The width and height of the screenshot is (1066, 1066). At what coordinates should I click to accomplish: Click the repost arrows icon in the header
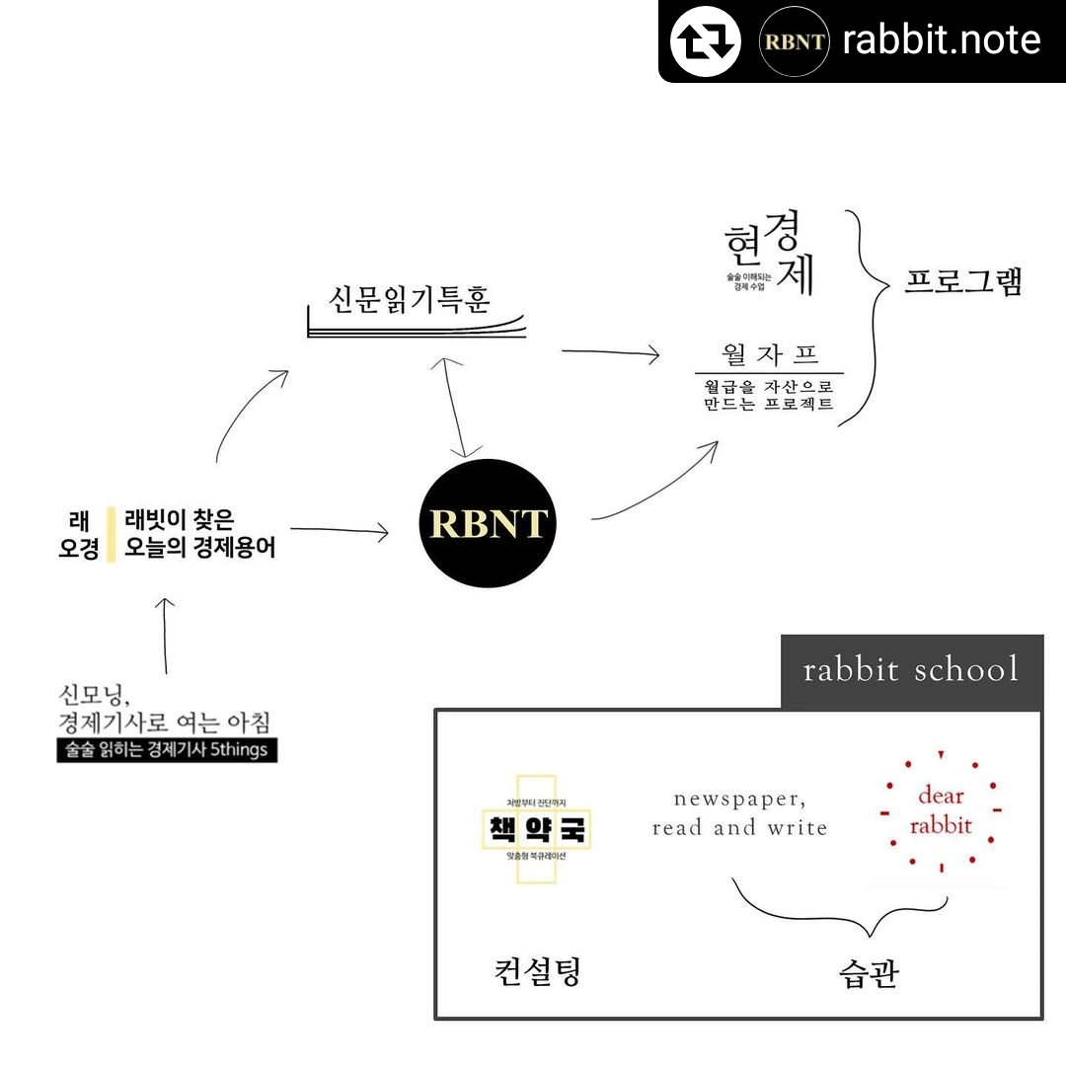(705, 40)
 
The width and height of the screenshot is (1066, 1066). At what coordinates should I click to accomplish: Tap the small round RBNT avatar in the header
(793, 40)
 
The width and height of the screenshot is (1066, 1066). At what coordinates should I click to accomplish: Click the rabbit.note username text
(941, 40)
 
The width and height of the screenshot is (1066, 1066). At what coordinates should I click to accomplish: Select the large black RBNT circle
(489, 523)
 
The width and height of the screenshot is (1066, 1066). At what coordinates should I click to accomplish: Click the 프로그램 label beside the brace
(963, 281)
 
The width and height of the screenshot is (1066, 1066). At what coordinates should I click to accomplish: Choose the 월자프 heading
(770, 353)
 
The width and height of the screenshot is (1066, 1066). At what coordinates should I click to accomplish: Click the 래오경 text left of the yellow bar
(79, 533)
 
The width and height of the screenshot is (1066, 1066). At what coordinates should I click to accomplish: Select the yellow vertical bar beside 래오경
(112, 533)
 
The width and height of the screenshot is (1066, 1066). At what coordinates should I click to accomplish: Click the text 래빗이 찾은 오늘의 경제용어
(199, 533)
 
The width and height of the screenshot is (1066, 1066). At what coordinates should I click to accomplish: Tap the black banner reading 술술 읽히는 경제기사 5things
(168, 750)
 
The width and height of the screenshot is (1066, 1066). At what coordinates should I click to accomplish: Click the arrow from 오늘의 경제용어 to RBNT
(339, 531)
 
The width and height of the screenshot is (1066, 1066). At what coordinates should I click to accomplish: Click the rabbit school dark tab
(911, 671)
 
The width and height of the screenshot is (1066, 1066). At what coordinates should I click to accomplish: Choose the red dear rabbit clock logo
(940, 811)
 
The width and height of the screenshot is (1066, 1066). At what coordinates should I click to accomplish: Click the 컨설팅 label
(537, 971)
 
